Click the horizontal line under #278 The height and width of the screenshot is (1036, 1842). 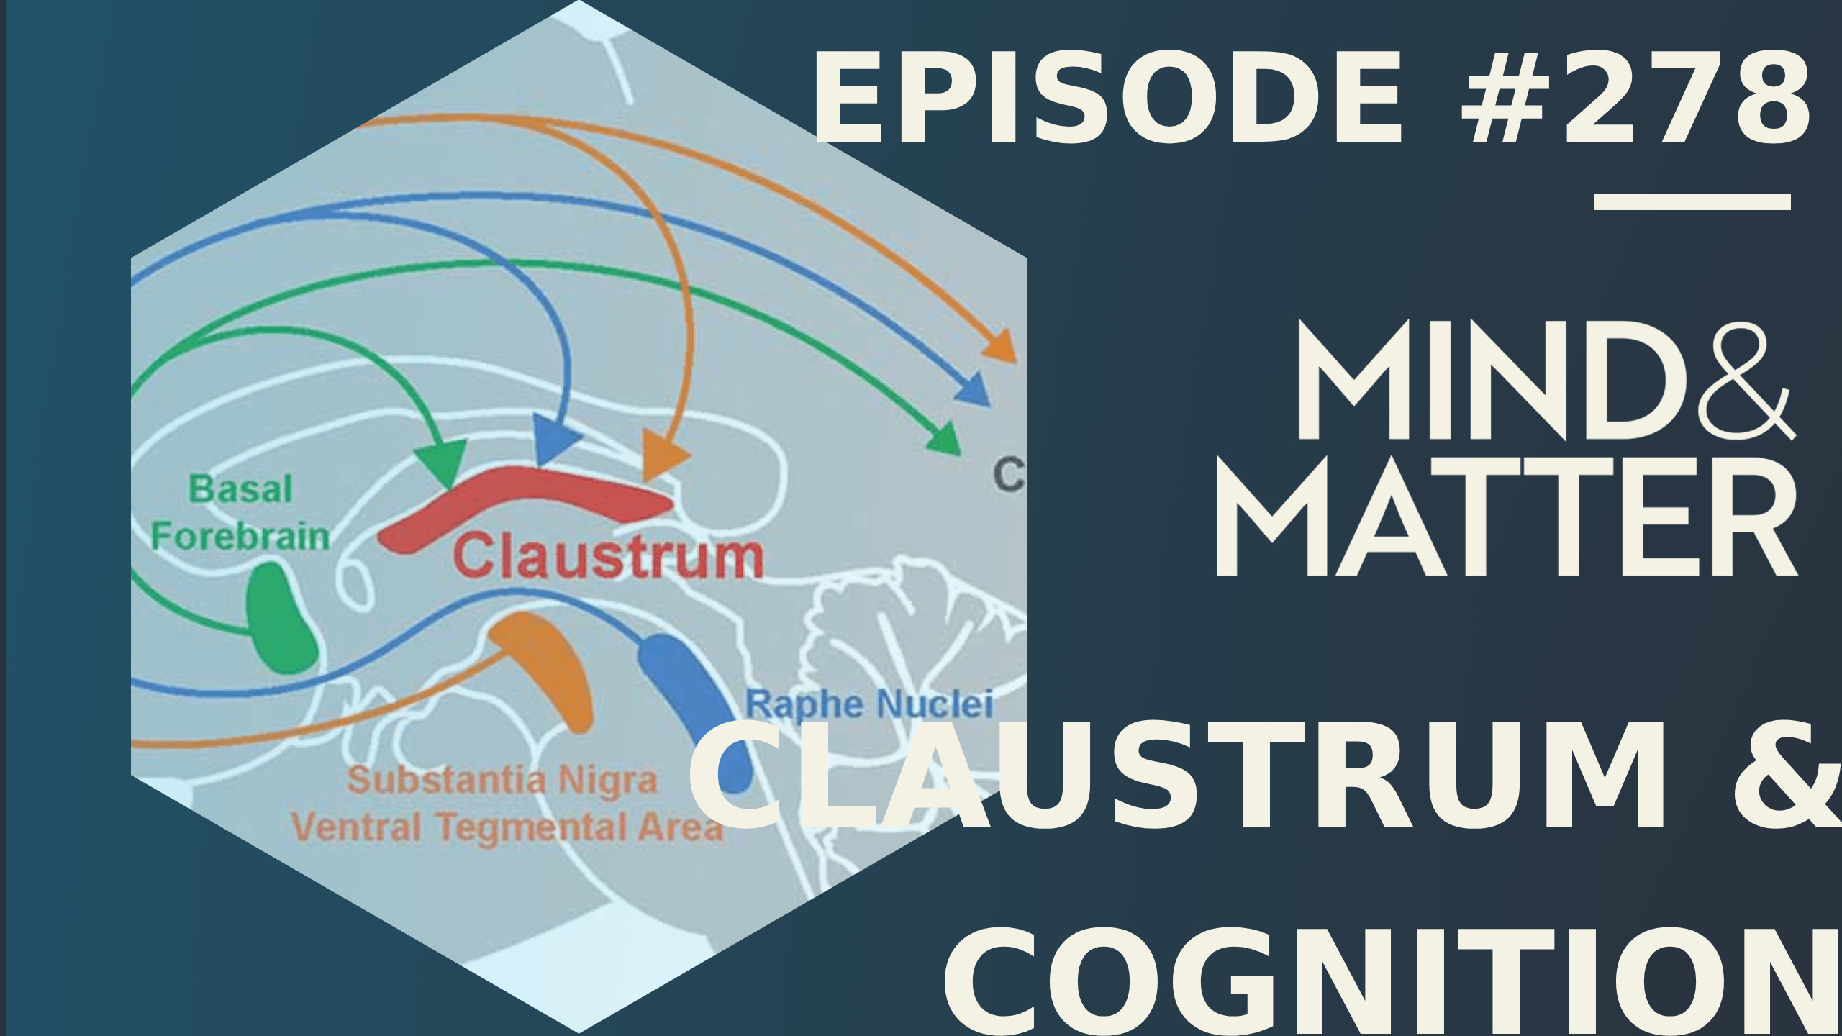pos(1692,201)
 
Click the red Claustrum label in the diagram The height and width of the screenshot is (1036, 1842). pos(609,556)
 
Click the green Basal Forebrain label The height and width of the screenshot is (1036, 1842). pos(240,513)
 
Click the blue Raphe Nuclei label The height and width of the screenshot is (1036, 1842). pos(869,704)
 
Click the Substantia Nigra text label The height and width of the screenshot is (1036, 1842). pos(502,781)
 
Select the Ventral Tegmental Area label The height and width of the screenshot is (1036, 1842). pos(507,827)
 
